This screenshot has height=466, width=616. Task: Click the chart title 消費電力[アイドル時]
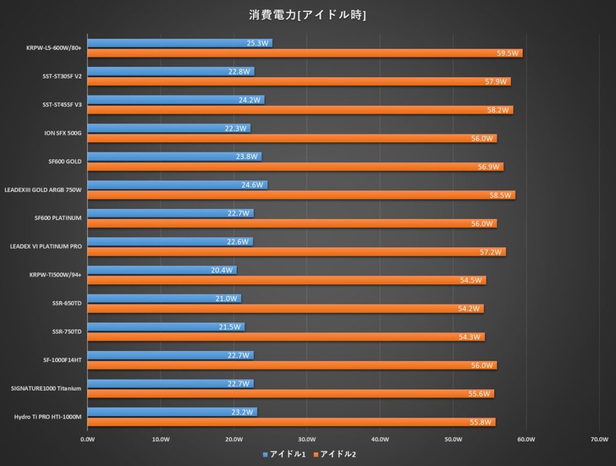pos(307,14)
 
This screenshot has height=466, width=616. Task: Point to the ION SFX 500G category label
pos(59,133)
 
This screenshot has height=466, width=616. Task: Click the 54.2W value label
pos(470,309)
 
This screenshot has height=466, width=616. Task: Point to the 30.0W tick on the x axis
pos(307,440)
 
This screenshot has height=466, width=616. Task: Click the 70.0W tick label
pos(599,440)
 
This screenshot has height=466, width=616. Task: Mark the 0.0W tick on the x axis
pos(88,440)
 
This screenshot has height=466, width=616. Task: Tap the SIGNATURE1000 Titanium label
pos(46,388)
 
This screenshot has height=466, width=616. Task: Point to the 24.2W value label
pos(250,100)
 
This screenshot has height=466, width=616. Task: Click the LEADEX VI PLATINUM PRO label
pos(46,247)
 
